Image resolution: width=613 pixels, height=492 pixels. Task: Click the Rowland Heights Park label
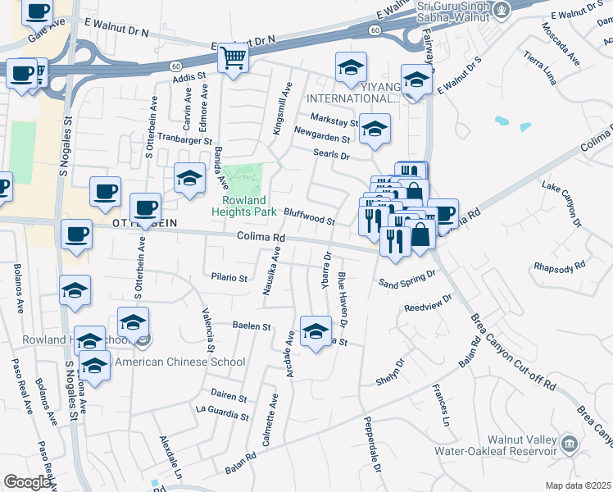click(x=244, y=205)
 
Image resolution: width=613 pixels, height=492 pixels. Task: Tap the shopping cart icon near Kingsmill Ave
click(x=234, y=58)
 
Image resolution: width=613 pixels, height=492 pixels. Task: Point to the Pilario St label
click(x=229, y=278)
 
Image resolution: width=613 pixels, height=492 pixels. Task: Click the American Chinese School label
click(x=179, y=362)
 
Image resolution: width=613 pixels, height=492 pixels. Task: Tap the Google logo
click(x=28, y=483)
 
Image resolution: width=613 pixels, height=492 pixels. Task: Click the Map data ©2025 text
click(x=578, y=485)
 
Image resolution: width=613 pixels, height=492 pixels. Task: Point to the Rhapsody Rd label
click(x=560, y=266)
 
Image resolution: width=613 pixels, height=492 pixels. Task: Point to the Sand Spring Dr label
click(x=404, y=283)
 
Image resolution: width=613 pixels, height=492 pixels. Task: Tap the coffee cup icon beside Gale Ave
click(x=37, y=12)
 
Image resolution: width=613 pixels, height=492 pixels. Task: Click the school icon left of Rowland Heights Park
click(x=189, y=177)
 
